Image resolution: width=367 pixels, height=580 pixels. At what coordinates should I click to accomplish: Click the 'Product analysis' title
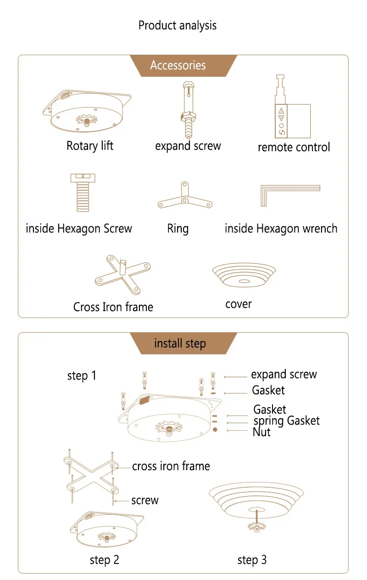point(177,26)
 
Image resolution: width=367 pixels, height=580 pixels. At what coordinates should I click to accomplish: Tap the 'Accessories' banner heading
point(178,65)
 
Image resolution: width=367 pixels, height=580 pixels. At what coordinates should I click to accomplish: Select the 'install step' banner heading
point(180,344)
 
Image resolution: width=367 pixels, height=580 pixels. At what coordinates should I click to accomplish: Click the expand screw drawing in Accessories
point(188,110)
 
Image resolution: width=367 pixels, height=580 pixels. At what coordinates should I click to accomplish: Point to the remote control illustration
point(293,107)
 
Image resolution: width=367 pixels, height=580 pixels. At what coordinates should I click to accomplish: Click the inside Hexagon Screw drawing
point(83,193)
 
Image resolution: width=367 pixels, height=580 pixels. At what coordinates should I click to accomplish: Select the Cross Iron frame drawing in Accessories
point(123,275)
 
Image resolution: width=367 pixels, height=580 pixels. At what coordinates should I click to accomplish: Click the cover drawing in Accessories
point(244,275)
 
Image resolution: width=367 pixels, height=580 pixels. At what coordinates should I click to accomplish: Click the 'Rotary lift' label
point(90,146)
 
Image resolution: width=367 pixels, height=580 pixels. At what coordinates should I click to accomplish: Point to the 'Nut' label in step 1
point(261,432)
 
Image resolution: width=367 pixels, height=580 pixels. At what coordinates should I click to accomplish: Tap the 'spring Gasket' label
point(287,421)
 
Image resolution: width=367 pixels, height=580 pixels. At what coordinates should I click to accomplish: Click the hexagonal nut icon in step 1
point(215,430)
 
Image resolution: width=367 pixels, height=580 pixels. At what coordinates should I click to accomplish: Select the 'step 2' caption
point(105,560)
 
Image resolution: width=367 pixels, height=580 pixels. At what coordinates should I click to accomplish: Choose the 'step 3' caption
point(252,560)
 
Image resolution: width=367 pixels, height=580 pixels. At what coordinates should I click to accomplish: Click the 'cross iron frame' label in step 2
point(171,466)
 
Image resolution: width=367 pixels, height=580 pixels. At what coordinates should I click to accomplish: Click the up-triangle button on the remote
point(281,111)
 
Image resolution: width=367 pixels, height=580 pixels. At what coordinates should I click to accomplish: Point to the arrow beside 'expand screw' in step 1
point(235,377)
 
